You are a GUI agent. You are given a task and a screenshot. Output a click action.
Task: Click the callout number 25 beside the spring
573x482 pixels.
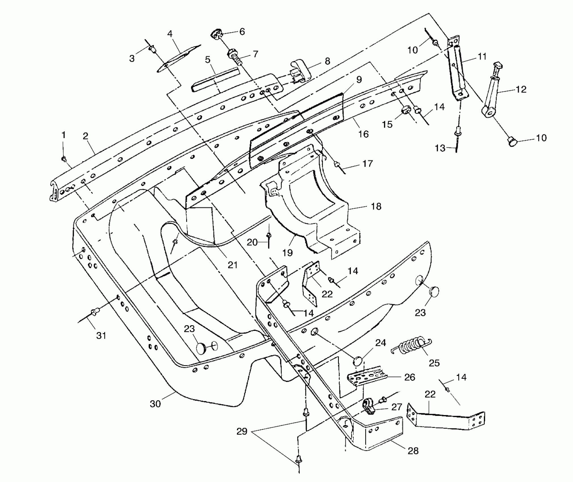pyautogui.click(x=434, y=363)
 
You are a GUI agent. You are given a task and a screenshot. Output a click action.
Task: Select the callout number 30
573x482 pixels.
pyautogui.click(x=155, y=404)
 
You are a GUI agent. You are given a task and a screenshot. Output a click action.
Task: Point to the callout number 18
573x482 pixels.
pyautogui.click(x=376, y=206)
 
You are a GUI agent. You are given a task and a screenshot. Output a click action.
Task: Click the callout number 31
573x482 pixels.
pyautogui.click(x=101, y=336)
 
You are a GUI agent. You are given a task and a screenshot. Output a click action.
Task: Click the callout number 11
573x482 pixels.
pyautogui.click(x=482, y=56)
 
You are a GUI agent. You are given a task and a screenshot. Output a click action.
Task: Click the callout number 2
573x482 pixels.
pyautogui.click(x=85, y=136)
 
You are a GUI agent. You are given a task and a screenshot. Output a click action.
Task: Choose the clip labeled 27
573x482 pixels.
pyautogui.click(x=369, y=407)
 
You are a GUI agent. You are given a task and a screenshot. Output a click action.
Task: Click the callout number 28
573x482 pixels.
pyautogui.click(x=413, y=451)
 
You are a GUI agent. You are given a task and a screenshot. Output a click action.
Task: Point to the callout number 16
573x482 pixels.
pyautogui.click(x=363, y=134)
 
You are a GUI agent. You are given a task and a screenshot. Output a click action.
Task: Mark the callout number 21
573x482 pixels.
pyautogui.click(x=232, y=265)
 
